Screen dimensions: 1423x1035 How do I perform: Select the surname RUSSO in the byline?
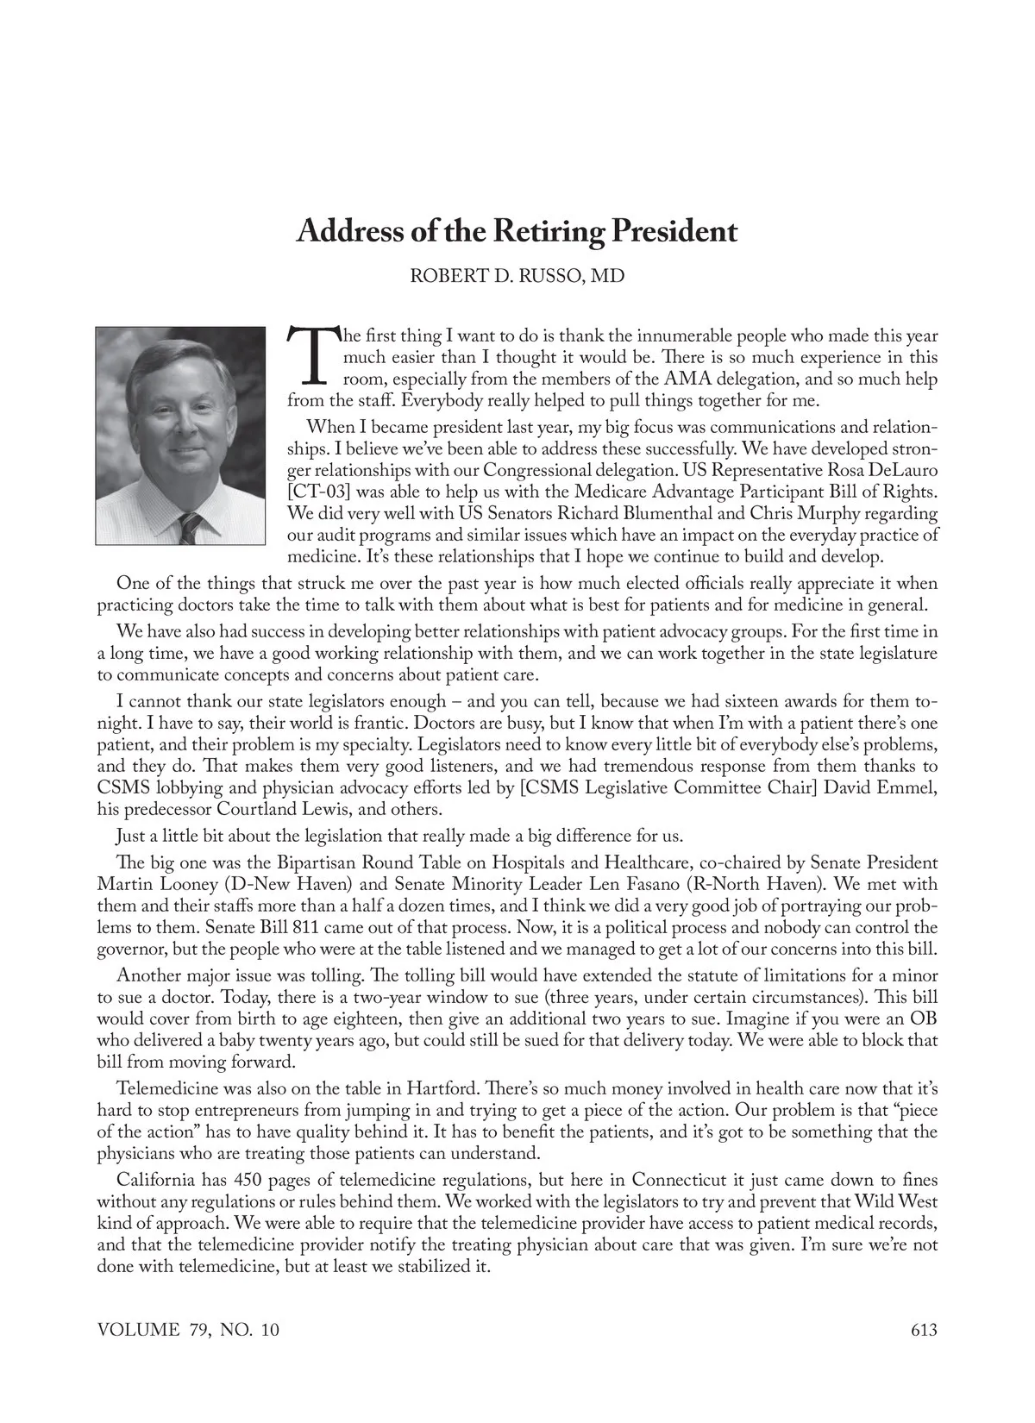[544, 277]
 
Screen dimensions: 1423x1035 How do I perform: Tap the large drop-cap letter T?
[312, 354]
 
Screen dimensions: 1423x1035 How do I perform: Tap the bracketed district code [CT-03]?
[318, 492]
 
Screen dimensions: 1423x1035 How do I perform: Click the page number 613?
[923, 1330]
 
